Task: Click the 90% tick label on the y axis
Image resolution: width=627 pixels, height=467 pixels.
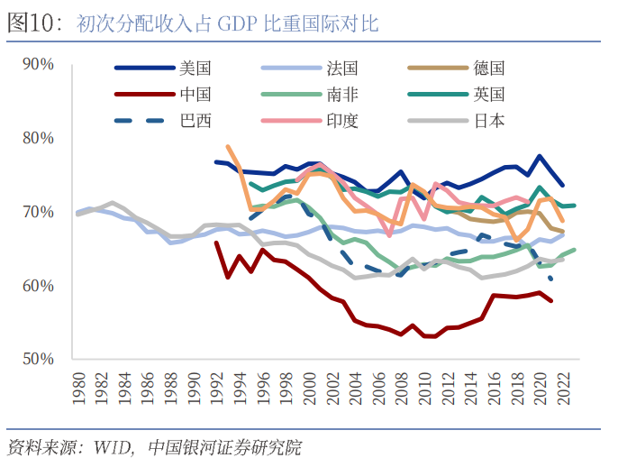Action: [39, 64]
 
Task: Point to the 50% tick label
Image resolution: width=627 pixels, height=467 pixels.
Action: [39, 359]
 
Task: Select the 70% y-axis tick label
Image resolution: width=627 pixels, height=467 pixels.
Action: [39, 212]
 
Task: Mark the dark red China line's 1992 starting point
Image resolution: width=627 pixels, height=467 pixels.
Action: [216, 243]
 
